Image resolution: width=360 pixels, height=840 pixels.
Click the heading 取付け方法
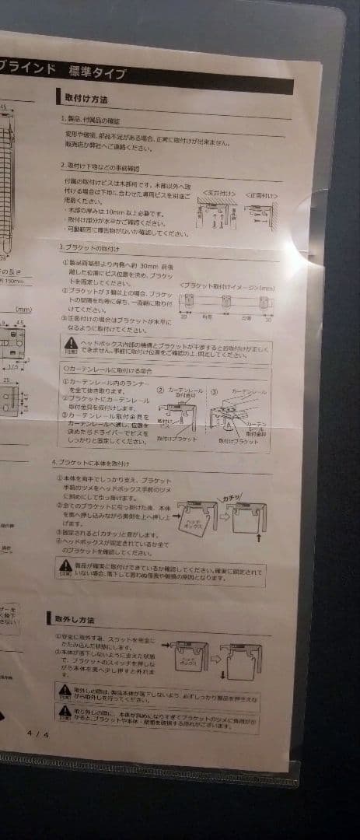tap(86, 100)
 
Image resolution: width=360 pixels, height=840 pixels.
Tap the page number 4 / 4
tap(37, 733)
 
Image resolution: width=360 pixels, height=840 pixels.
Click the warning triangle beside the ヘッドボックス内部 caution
tap(71, 343)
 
